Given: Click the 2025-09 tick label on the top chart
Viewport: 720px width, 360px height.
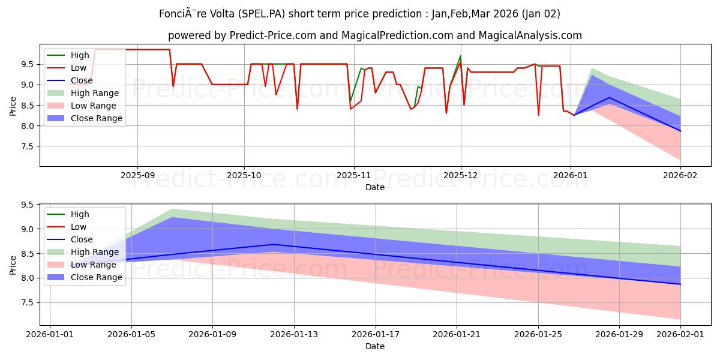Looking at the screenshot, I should click(x=137, y=175).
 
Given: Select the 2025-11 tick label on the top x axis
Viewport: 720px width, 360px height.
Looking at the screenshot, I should click(x=354, y=175).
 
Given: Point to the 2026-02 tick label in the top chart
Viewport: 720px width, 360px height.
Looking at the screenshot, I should click(x=680, y=175).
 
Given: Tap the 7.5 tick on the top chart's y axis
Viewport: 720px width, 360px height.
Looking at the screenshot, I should click(x=27, y=146).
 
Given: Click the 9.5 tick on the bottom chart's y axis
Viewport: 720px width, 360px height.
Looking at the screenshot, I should click(x=27, y=205).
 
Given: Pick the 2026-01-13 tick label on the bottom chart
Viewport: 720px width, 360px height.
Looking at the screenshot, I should click(x=294, y=334).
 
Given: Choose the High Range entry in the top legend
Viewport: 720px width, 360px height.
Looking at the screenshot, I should click(x=94, y=93).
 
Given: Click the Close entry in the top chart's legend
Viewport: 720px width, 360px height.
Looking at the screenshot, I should click(x=82, y=80).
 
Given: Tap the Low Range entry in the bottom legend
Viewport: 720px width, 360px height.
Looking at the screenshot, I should click(x=93, y=265).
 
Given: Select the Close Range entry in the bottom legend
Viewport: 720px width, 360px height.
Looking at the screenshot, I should click(x=96, y=277).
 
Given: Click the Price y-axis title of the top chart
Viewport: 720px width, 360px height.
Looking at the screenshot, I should click(x=13, y=106).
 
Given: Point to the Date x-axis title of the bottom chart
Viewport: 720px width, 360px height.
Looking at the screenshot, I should click(x=375, y=346).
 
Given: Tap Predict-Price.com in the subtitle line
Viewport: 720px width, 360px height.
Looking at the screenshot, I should click(x=273, y=35).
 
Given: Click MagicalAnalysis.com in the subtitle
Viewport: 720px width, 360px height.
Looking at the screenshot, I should click(x=530, y=35).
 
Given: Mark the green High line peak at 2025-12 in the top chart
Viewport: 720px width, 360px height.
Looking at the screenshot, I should click(x=460, y=56).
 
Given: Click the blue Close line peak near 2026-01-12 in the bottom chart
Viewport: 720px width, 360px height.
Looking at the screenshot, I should click(x=274, y=244).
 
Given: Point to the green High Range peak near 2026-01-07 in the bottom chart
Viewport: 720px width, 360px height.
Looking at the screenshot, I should click(x=172, y=209).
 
